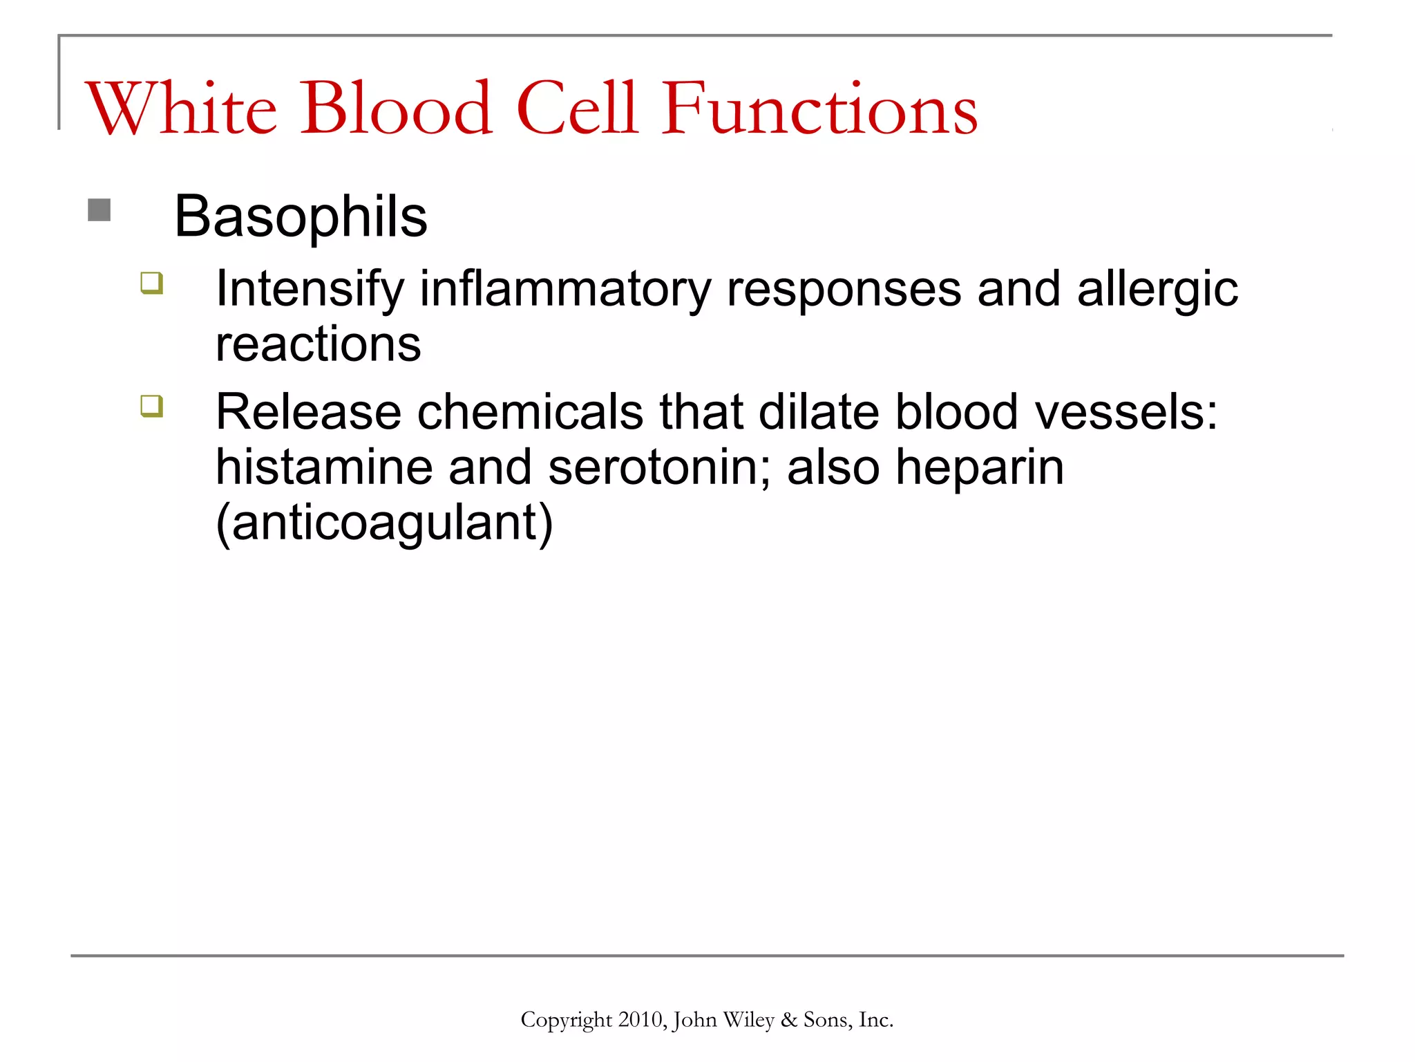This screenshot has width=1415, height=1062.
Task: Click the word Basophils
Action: [x=301, y=216]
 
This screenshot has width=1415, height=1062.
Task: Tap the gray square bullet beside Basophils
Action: [x=99, y=210]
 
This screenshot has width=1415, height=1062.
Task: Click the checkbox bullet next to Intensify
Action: [x=152, y=283]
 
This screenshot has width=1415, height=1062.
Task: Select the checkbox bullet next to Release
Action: [x=152, y=406]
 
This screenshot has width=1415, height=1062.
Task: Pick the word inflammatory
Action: [x=565, y=288]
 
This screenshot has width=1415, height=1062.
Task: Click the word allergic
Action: [x=1157, y=288]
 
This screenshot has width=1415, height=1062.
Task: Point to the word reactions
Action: [x=319, y=344]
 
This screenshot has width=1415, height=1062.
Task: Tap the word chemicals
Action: [x=531, y=412]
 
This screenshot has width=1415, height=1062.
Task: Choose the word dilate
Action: [x=819, y=412]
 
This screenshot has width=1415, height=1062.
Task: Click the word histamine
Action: [x=324, y=467]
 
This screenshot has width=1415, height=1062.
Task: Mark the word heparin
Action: [x=980, y=467]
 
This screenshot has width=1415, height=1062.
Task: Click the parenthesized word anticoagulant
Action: [x=385, y=523]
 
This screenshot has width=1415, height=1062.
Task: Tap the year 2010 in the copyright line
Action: [x=640, y=1020]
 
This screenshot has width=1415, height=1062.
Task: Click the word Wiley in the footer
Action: [x=748, y=1020]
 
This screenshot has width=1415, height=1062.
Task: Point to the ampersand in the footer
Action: [x=788, y=1020]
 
